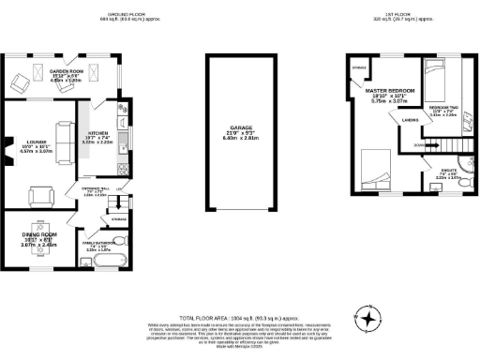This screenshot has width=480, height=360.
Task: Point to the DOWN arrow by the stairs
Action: pos(419,145)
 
